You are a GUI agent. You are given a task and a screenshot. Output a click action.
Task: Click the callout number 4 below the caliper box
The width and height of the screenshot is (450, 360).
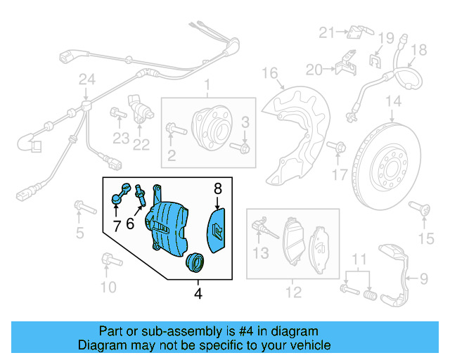(198, 294)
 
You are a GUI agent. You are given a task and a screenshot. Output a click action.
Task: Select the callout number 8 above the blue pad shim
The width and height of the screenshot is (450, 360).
(217, 188)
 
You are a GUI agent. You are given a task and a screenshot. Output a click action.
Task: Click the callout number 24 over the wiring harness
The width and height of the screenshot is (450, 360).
(86, 82)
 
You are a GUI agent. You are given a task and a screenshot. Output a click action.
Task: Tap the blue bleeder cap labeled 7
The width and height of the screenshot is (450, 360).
(120, 194)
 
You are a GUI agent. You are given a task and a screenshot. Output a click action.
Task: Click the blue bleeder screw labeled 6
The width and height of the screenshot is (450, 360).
(141, 195)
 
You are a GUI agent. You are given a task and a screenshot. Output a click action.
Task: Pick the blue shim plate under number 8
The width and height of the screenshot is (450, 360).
(217, 228)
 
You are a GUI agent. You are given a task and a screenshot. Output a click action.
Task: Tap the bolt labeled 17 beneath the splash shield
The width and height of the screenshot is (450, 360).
(340, 148)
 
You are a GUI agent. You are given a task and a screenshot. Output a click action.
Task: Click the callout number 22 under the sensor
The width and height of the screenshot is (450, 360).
(141, 146)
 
